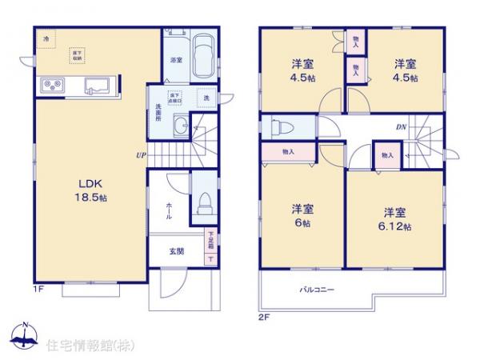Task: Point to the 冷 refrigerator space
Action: [x=46, y=38]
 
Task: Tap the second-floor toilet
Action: [x=278, y=128]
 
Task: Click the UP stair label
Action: [x=141, y=154]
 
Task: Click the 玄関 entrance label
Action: [x=176, y=250]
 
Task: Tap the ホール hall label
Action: [x=169, y=210]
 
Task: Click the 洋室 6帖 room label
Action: [x=302, y=215]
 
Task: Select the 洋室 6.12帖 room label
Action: [x=392, y=218]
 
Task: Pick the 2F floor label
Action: [x=265, y=316]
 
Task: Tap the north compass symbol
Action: [x=24, y=336]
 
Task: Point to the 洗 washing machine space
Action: [x=206, y=98]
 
